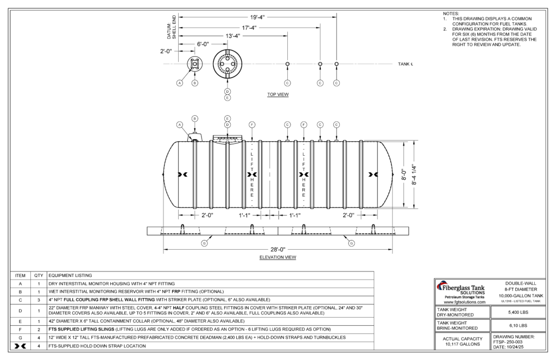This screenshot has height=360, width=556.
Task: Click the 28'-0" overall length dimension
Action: point(278,250)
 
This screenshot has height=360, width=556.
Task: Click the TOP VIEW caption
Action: point(277,94)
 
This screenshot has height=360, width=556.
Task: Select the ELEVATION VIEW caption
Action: point(277,257)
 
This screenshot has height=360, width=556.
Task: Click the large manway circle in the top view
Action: point(228,64)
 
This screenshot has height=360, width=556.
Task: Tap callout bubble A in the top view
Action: point(179,83)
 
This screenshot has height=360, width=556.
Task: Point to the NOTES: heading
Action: point(451,13)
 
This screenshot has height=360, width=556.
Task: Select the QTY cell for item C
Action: point(39,300)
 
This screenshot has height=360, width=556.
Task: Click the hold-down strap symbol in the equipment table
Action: point(20,345)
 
